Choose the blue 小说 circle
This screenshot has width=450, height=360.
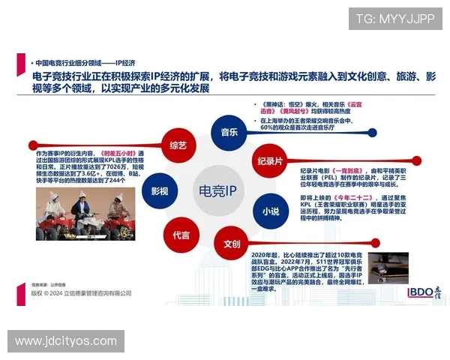coord(271,211)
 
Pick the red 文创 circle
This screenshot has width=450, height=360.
coord(232,243)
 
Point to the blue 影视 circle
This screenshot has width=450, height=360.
coord(159,190)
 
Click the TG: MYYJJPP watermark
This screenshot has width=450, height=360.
coord(394,19)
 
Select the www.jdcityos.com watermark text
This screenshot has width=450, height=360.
coord(65,342)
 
